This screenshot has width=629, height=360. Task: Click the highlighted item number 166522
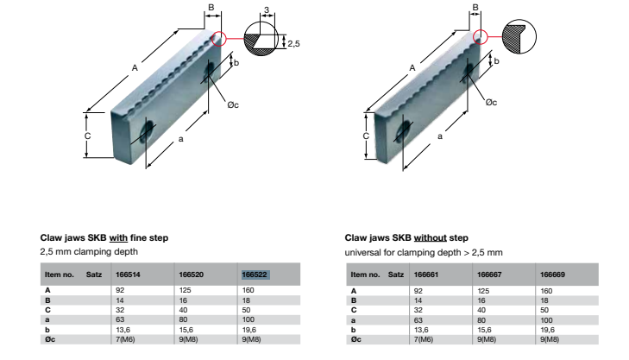255,275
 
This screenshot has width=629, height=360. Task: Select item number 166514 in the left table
128,275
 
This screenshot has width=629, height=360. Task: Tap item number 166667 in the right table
489,275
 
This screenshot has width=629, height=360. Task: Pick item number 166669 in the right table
552,275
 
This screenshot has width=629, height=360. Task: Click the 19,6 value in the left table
249,330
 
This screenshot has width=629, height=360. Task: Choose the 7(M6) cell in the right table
424,339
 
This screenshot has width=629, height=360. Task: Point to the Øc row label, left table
50,339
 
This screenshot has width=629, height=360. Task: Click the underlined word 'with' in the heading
118,237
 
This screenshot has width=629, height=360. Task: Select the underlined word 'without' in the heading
430,237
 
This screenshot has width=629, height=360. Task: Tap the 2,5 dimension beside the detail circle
293,43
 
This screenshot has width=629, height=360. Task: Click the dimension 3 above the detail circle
267,10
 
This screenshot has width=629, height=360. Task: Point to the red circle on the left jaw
219,39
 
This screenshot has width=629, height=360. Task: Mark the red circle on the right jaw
481,37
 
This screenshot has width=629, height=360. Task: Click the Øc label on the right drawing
492,103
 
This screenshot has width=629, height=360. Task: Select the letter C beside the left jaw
87,136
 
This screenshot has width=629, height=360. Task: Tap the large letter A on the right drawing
412,68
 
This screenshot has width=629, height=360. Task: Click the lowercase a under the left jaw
180,139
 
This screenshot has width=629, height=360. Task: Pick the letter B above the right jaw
475,7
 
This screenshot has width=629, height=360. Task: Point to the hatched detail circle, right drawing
519,36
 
